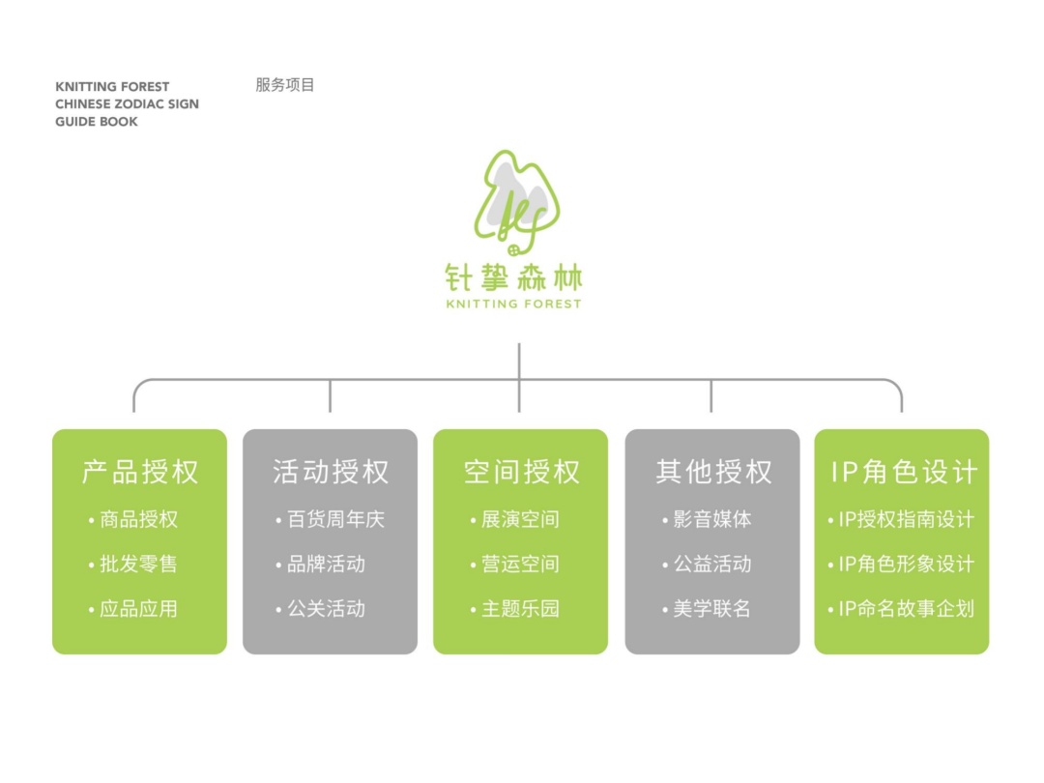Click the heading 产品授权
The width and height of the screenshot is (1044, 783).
click(x=140, y=472)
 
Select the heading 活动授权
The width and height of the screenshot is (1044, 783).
click(x=331, y=472)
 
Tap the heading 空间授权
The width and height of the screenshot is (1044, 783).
click(x=521, y=472)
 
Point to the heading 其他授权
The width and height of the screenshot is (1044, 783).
click(x=713, y=472)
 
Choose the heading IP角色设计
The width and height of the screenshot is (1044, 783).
click(x=904, y=472)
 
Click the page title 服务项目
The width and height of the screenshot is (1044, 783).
click(x=285, y=84)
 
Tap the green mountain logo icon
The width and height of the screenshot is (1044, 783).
click(x=516, y=203)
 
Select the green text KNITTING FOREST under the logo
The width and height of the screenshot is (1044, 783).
click(x=513, y=304)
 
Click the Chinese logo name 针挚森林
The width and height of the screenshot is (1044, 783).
click(x=513, y=277)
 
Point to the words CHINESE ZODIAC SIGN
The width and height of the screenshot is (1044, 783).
click(x=128, y=103)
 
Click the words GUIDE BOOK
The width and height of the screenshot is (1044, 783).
click(x=97, y=122)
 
